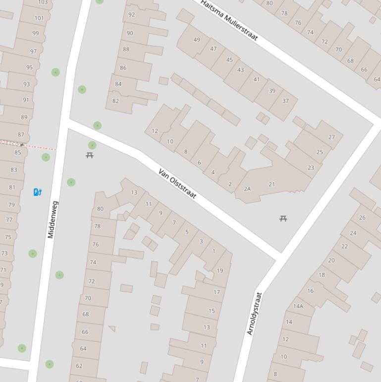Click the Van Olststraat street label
click(177, 184)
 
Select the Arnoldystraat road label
click(254, 314)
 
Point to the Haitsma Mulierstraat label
click(229, 20)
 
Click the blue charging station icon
click(37, 192)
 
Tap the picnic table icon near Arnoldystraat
click(283, 218)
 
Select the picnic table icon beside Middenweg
click(90, 155)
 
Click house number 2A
click(247, 189)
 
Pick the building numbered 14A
click(298, 306)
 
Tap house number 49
click(197, 40)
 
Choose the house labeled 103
click(43, 2)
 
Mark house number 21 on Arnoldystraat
click(272, 184)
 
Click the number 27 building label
click(331, 137)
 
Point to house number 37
click(285, 101)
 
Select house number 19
click(219, 270)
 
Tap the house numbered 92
click(131, 14)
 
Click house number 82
click(115, 101)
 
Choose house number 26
click(362, 217)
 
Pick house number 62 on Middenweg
click(79, 366)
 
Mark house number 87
click(21, 134)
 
